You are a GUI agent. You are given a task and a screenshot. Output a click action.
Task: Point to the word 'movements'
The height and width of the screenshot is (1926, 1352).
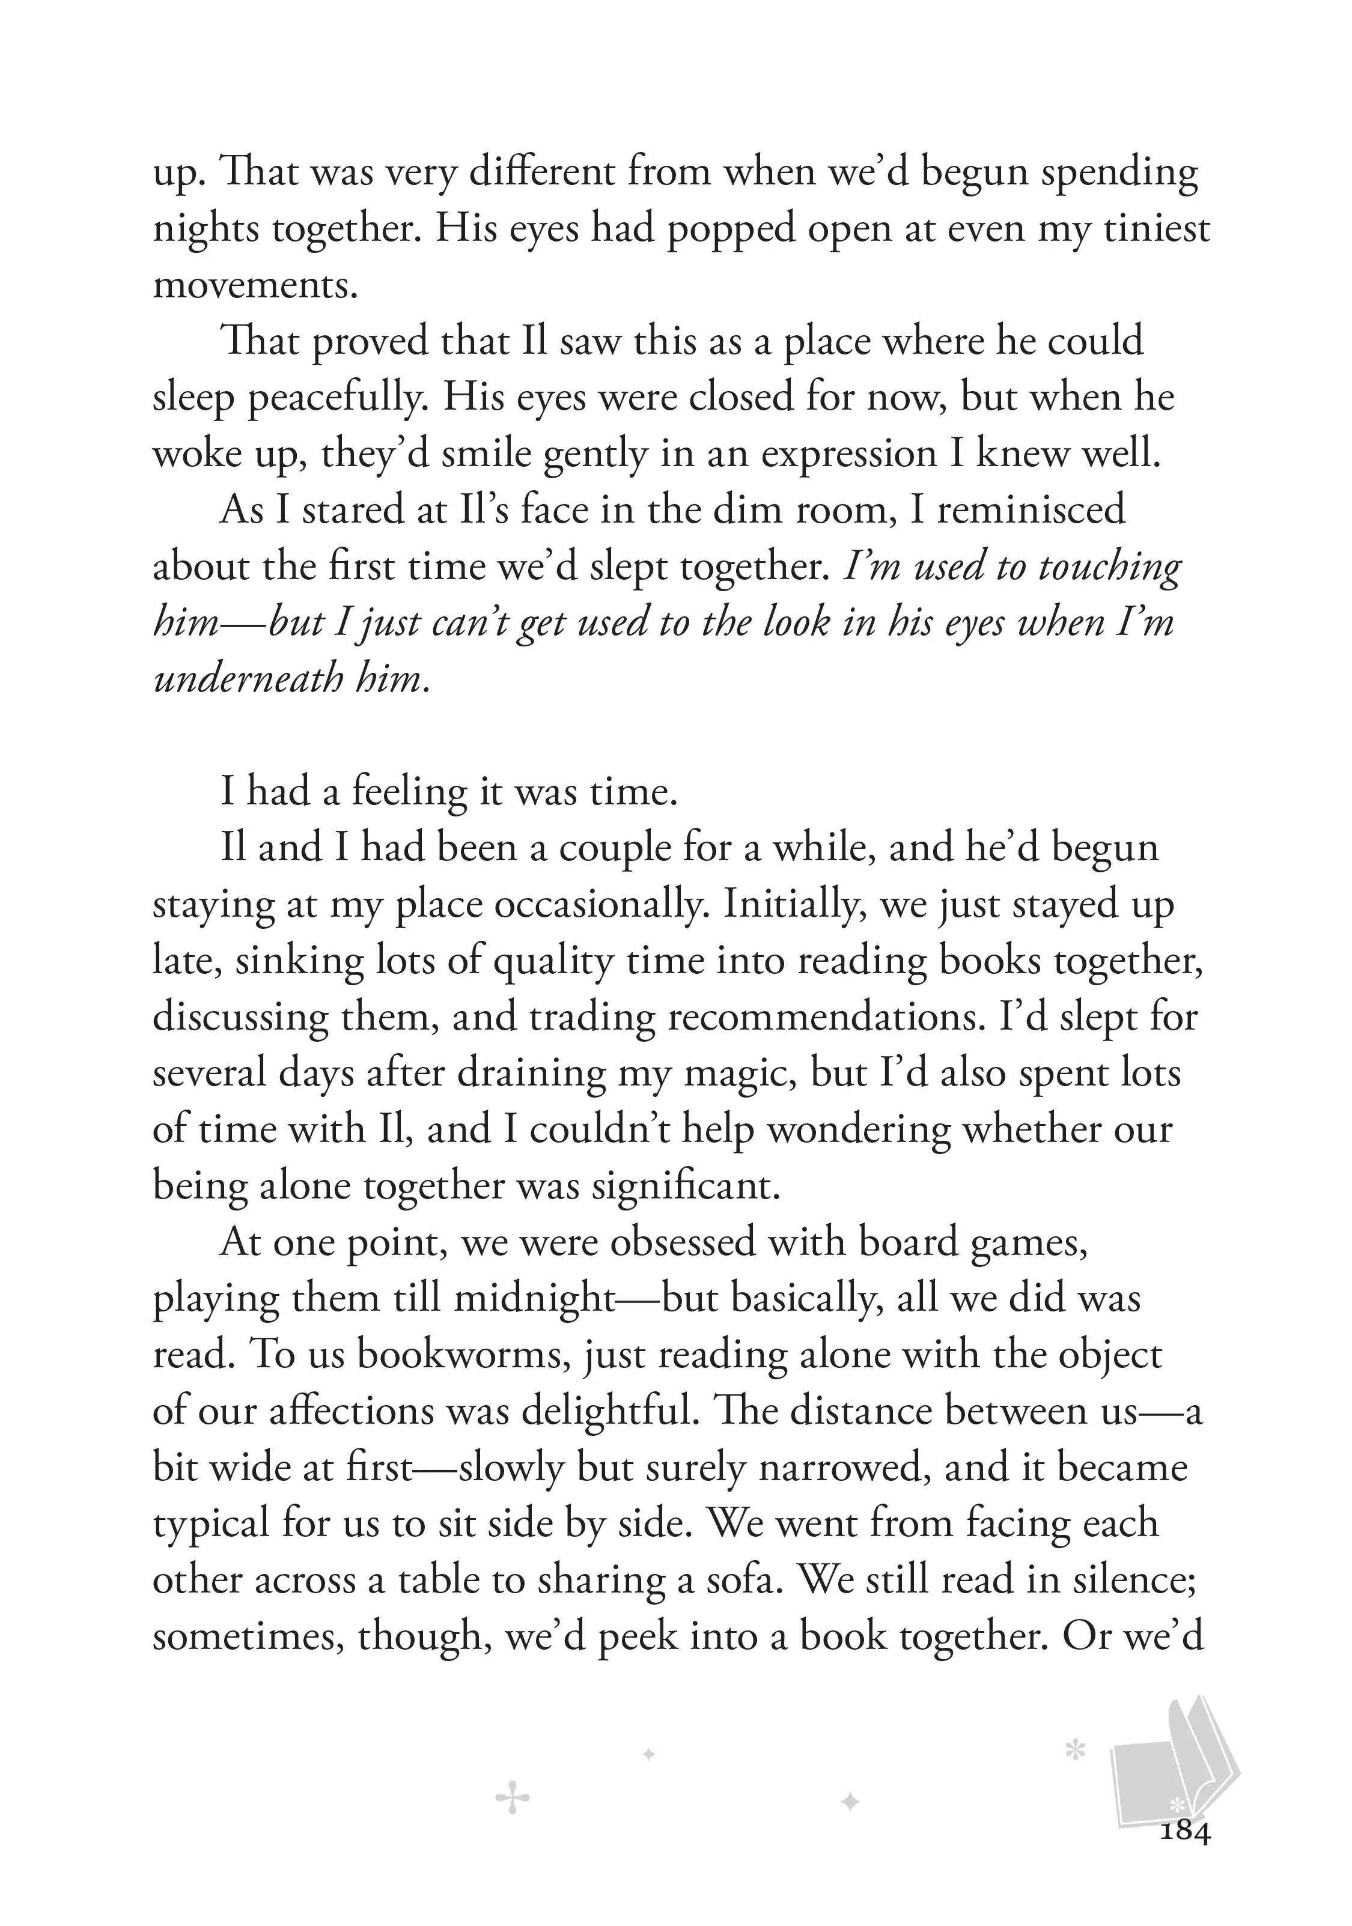point(254,286)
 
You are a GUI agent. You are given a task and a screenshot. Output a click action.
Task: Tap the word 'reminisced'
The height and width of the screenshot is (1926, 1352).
point(1031,510)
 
